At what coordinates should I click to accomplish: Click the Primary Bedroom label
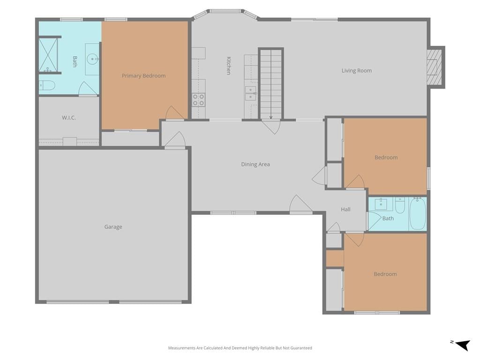click(x=143, y=75)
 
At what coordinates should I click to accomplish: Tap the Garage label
click(x=113, y=227)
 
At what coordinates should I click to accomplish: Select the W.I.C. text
click(x=69, y=118)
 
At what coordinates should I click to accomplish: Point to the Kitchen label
click(x=229, y=66)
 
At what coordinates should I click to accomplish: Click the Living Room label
click(x=357, y=71)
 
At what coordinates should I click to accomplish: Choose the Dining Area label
click(x=255, y=165)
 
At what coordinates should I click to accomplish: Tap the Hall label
click(x=345, y=210)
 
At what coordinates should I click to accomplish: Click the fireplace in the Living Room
click(x=435, y=67)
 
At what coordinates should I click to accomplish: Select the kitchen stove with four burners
click(x=198, y=100)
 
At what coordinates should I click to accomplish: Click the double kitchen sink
click(x=251, y=93)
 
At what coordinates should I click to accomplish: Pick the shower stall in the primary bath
click(x=48, y=55)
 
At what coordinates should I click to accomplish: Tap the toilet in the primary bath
click(x=47, y=85)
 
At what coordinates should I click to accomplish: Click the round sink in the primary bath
click(x=92, y=59)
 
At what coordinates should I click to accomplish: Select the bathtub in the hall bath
click(x=418, y=214)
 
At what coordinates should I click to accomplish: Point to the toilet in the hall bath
click(x=400, y=205)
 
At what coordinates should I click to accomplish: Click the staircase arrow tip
click(x=271, y=119)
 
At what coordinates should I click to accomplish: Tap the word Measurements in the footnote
click(x=182, y=348)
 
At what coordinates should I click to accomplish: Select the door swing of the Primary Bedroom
click(x=175, y=112)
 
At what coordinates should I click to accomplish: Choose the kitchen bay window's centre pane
click(x=225, y=12)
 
